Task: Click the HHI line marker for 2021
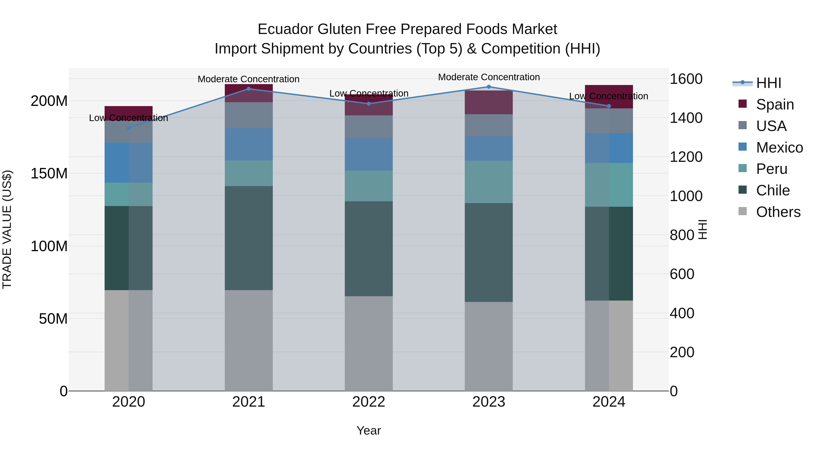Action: click(x=248, y=89)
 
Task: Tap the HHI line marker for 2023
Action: click(x=489, y=87)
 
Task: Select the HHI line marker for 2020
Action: click(x=128, y=128)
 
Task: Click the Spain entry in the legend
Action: click(x=774, y=104)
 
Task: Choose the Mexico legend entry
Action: click(x=779, y=148)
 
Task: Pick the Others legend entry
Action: click(x=778, y=212)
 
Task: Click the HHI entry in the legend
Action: click(x=768, y=83)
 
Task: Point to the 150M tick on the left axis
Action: click(x=49, y=174)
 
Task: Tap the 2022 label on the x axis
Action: click(x=369, y=402)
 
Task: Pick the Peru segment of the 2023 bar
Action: click(x=489, y=182)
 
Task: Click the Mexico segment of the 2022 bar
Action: click(x=369, y=154)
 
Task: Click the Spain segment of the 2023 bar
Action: click(x=489, y=102)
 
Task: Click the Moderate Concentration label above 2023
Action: click(x=489, y=77)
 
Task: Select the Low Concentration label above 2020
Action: click(x=128, y=118)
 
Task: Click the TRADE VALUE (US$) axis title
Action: click(x=7, y=229)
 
